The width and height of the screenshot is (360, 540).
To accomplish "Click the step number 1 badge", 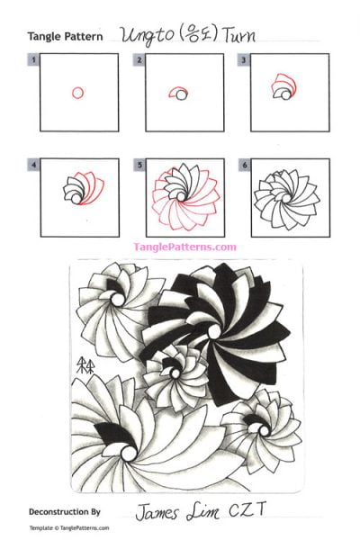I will (x=33, y=60).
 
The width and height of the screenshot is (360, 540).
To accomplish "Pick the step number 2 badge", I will (x=139, y=60).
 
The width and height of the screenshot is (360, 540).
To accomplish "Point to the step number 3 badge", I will (x=244, y=60).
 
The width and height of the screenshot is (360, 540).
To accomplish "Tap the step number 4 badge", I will (x=33, y=166).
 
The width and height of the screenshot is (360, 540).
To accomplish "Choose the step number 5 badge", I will (x=139, y=166).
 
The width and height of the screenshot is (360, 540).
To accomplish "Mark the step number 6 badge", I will (x=244, y=166).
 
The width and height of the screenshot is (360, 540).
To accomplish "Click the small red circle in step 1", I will (x=77, y=92).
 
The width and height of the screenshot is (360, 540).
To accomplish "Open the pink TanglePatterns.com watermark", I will (x=184, y=247).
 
